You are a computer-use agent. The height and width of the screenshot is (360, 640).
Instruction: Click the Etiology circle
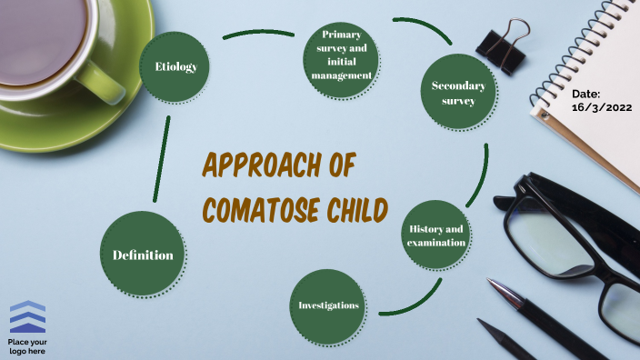[175, 66]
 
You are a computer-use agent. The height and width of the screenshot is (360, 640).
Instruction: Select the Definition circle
[144, 255]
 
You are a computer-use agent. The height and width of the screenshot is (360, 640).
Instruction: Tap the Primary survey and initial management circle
[340, 55]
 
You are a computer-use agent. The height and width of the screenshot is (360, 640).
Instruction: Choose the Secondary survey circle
[458, 93]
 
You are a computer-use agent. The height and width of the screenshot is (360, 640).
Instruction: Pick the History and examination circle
[436, 235]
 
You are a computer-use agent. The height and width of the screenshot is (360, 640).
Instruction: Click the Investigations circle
[329, 305]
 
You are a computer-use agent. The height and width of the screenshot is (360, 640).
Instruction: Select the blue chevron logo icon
[27, 317]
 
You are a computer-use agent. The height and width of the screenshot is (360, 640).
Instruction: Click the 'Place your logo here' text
[27, 345]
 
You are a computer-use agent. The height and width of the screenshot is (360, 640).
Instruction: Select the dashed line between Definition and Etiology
[163, 159]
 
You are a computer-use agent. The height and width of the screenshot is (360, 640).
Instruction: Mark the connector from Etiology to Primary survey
[259, 35]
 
